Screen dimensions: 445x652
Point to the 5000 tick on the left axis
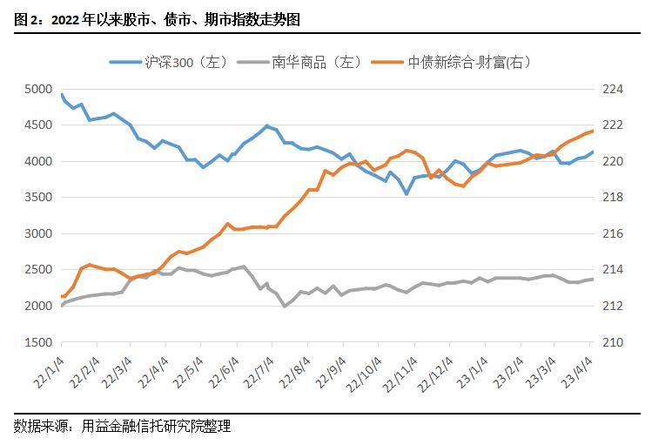37,89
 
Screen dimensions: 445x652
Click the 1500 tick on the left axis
37,343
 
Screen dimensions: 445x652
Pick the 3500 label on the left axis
37,198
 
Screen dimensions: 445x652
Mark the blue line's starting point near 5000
62,93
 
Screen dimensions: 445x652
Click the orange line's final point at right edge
593,131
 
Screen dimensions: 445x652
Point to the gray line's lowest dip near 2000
285,307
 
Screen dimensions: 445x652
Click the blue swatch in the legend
124,62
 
